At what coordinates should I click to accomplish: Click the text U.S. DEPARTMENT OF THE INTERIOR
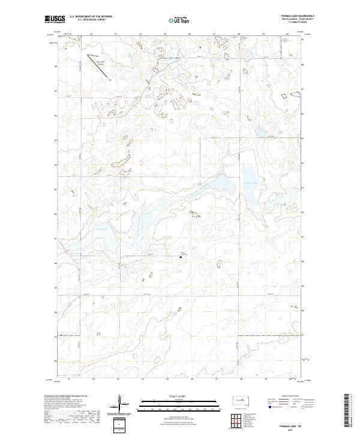point(91,17)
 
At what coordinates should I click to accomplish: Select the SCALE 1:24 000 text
point(179,395)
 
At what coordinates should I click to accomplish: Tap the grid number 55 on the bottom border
point(165,380)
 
